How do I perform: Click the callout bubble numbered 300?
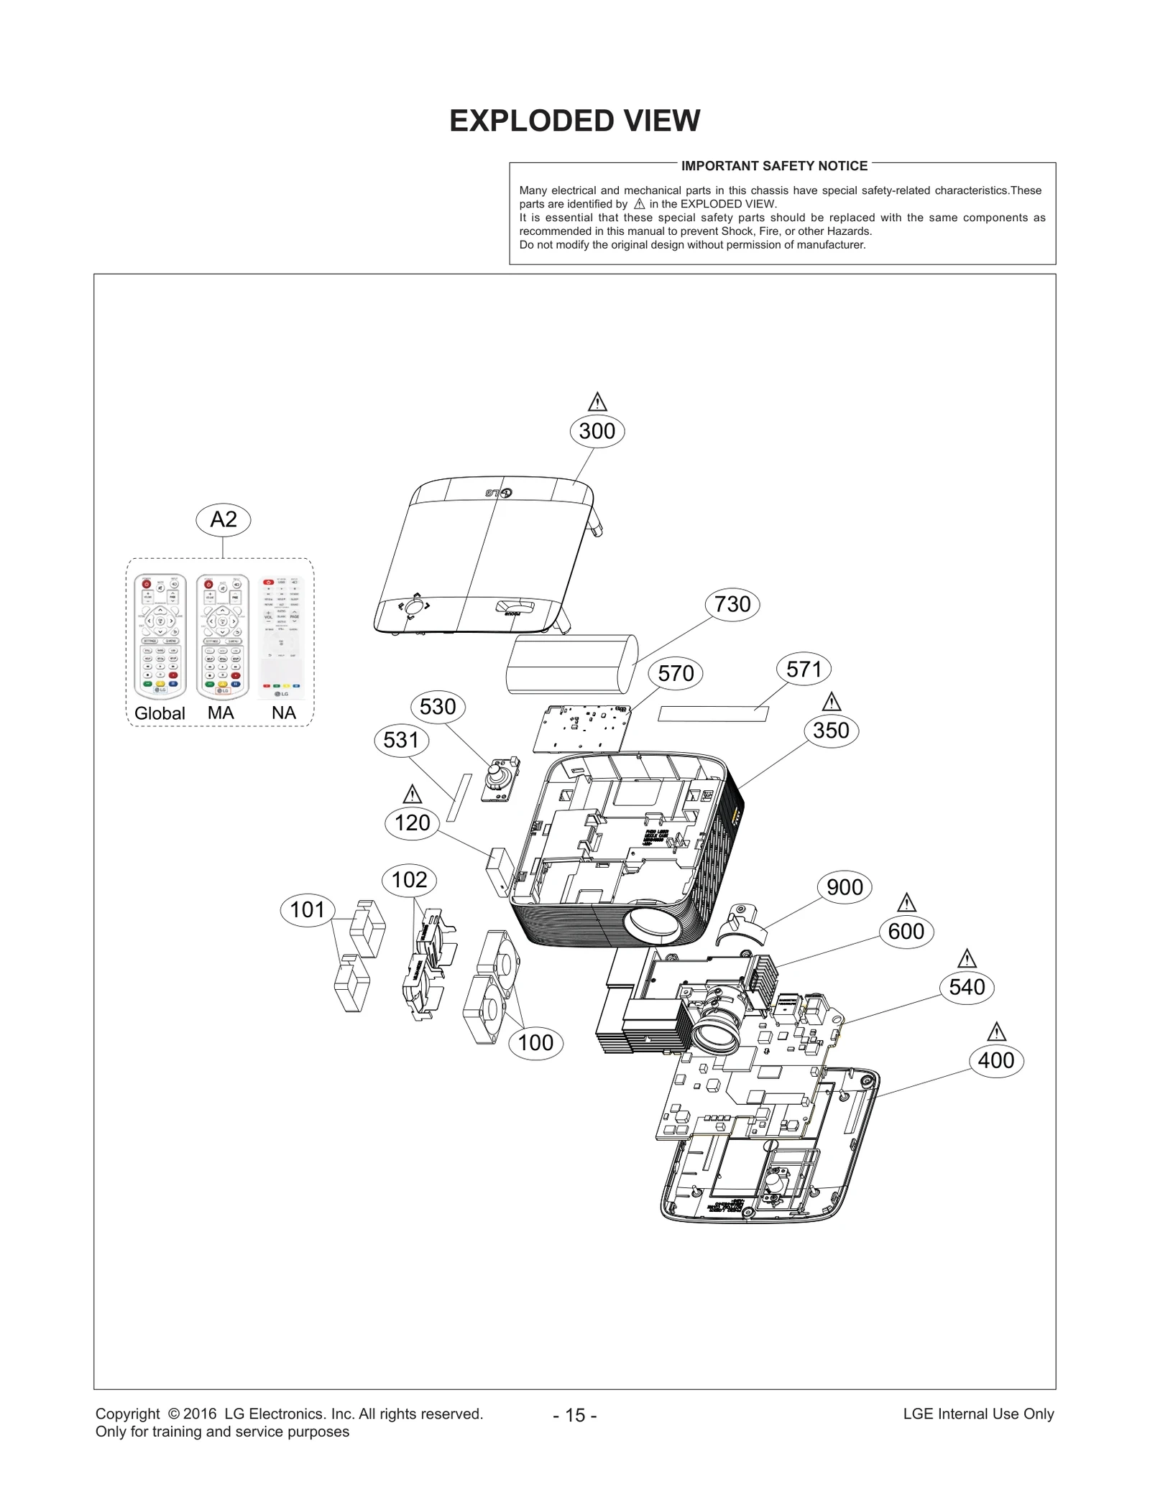597,431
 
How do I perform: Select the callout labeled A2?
224,519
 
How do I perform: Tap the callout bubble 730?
732,604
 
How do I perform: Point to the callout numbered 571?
804,669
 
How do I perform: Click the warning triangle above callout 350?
832,702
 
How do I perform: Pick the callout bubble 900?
845,887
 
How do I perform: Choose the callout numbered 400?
995,1060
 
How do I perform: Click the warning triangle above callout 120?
412,794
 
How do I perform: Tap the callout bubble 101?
308,910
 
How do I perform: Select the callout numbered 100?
535,1042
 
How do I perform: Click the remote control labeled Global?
160,636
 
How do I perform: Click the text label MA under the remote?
221,713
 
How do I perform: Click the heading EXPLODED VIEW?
574,121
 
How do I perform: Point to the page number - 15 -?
574,1415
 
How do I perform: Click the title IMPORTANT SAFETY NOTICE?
774,166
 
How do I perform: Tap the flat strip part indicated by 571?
713,714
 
